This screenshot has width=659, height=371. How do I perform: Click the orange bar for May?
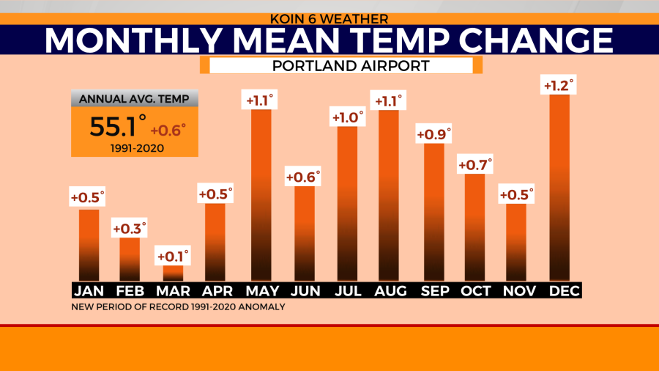point(261,194)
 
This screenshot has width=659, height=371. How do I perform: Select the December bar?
point(559,187)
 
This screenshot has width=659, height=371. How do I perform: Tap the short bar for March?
point(173,273)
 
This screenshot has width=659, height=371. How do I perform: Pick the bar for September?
point(433,211)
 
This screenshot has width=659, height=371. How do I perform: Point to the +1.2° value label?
point(559,85)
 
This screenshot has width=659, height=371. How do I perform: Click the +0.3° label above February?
point(130,228)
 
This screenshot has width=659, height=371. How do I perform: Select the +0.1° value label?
point(173,256)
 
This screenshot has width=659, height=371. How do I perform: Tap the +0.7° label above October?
point(474,164)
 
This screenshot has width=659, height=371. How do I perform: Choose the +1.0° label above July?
point(347,117)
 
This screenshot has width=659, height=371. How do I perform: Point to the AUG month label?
point(390,291)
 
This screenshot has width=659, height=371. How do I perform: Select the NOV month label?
point(516,291)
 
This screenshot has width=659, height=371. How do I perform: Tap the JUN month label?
point(305,291)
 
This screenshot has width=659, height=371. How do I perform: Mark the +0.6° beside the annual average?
point(169,130)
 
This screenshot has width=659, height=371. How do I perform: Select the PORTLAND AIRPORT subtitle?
point(340,66)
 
